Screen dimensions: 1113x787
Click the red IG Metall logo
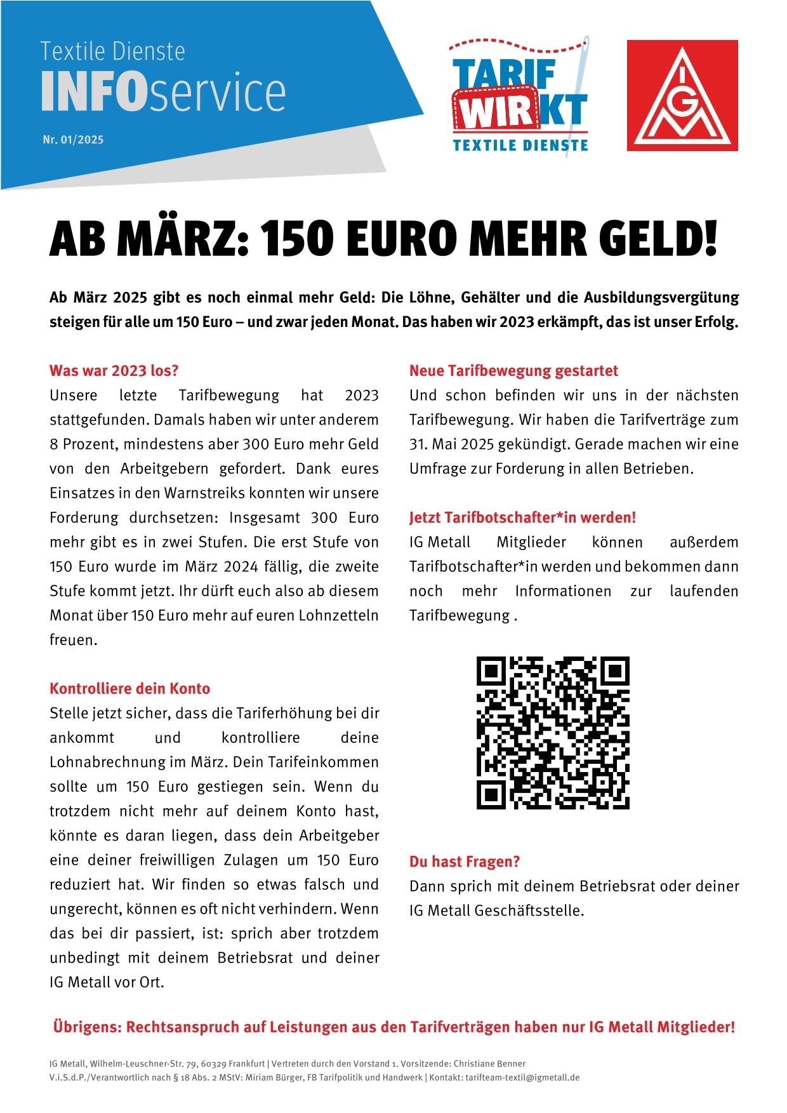click(682, 95)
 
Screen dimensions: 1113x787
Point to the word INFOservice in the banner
click(163, 93)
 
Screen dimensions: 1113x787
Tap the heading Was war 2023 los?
click(114, 370)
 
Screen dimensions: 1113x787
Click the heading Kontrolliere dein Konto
click(129, 688)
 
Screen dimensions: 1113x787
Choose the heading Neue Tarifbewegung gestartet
click(513, 370)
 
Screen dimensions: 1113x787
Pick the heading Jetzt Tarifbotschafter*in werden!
click(522, 517)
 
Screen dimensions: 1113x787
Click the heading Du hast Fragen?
click(465, 862)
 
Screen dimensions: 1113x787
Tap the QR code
click(553, 732)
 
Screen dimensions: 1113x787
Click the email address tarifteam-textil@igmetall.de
click(522, 1077)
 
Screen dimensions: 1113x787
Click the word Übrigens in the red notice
click(86, 1027)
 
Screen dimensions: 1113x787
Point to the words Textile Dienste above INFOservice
click(112, 51)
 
